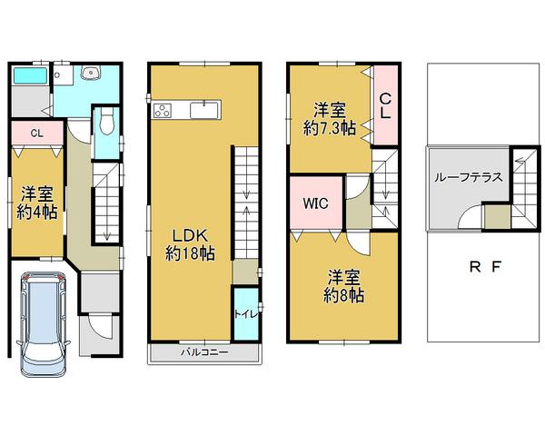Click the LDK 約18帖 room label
point(190,245)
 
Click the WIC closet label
point(315,203)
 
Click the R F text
point(487,267)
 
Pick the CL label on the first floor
point(35,134)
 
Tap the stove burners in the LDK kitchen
point(163,111)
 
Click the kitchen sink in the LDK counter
point(206,111)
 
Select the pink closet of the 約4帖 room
point(36,134)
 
